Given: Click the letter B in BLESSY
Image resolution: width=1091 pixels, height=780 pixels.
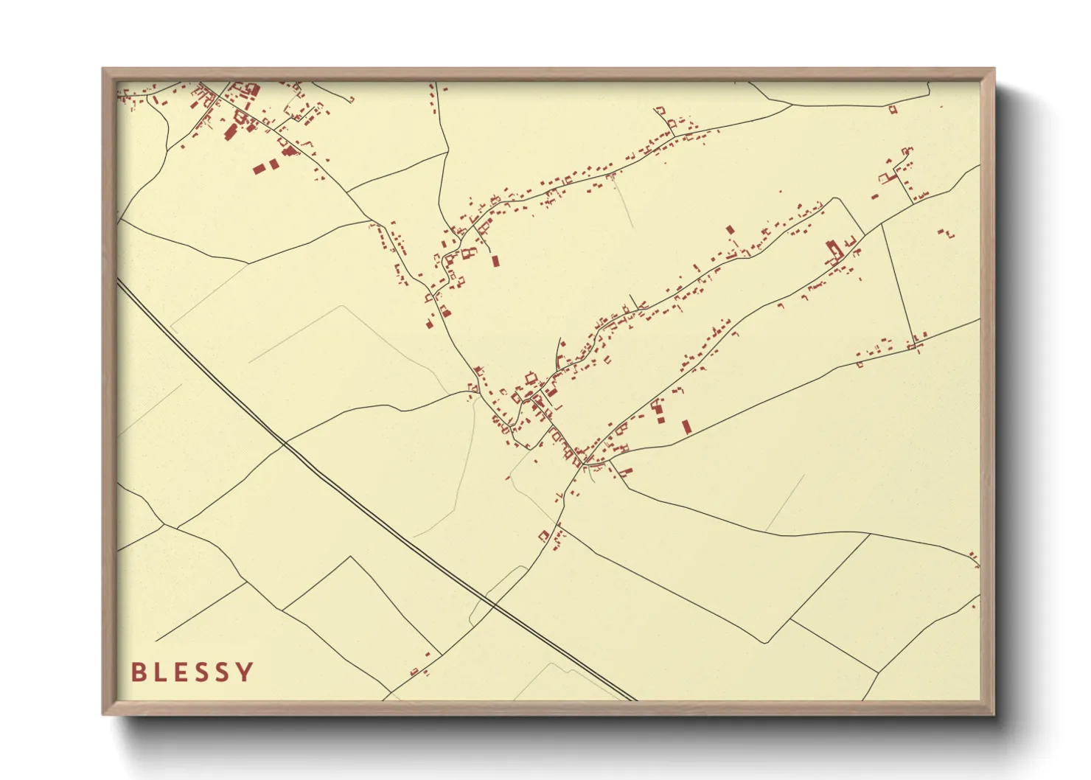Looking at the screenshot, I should tap(138, 672).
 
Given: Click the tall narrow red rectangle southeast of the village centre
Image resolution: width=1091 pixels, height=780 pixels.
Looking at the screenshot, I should tap(686, 426).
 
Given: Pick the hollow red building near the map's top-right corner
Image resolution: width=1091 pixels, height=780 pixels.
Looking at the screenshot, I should tap(893, 110).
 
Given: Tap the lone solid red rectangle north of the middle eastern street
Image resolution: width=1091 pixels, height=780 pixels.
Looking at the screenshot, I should tap(730, 229).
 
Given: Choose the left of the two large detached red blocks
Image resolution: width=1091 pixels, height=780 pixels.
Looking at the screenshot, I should tap(259, 169).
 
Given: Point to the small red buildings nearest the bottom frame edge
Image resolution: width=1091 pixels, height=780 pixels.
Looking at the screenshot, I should tap(417, 671).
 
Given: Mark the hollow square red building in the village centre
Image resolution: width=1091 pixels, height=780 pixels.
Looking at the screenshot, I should tap(529, 378).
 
